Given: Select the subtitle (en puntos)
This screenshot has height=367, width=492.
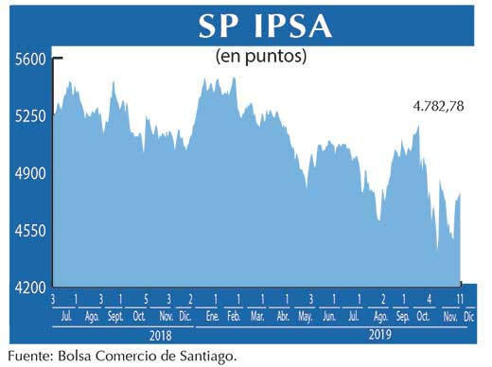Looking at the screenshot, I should pyautogui.click(x=260, y=56).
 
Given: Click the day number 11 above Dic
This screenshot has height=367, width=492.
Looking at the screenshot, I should pyautogui.click(x=459, y=300).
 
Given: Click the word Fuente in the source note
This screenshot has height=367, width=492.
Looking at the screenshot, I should pyautogui.click(x=29, y=356).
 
